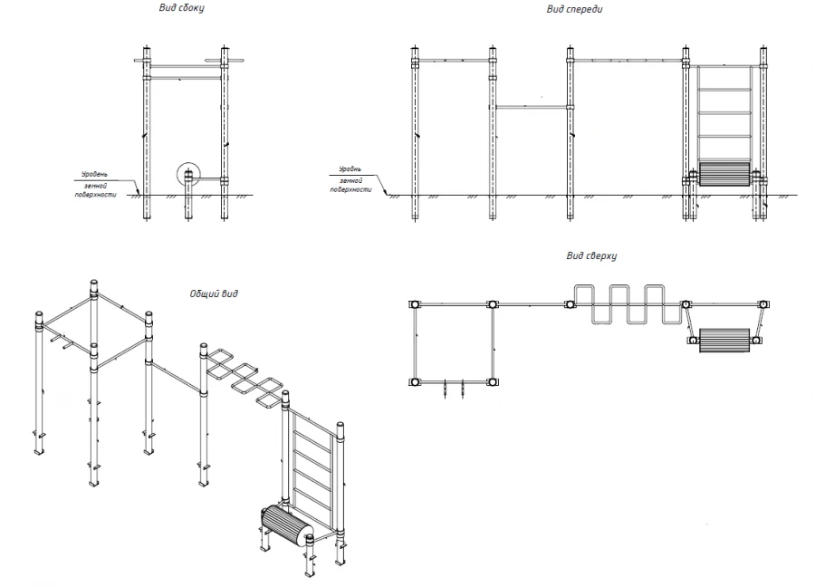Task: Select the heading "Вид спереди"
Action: point(574,9)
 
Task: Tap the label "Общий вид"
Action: point(214,293)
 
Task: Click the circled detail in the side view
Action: point(189,175)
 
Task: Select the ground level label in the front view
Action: point(350,177)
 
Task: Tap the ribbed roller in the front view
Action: point(724,174)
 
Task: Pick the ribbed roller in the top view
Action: point(725,341)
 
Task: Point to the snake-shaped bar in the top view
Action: point(627,304)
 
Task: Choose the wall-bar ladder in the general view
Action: point(313,471)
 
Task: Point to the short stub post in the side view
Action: point(189,197)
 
